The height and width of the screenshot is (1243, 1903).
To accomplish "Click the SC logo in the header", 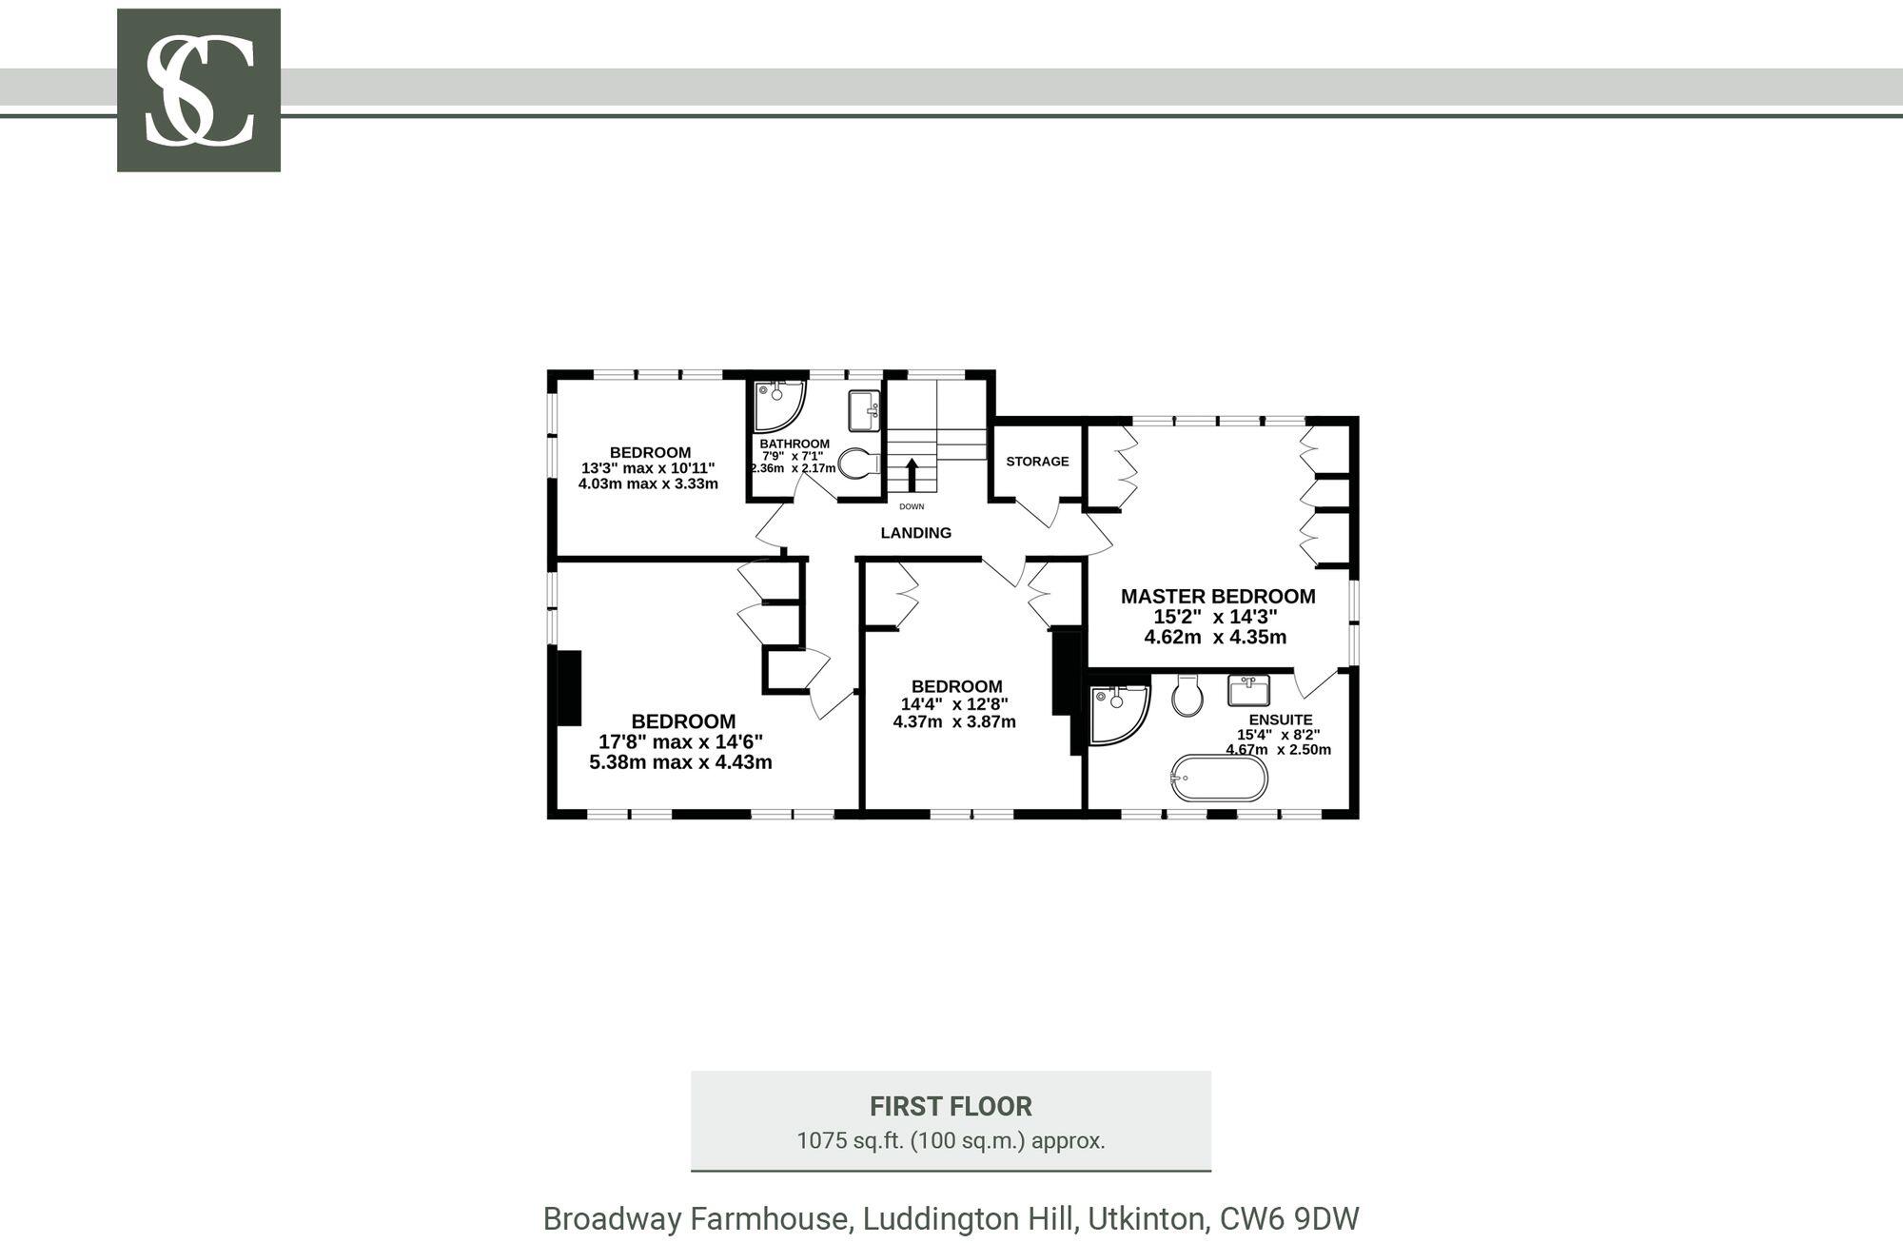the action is click(199, 90).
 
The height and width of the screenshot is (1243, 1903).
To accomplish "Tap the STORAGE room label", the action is click(1037, 462).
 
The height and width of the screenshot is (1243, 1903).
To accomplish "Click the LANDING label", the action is click(915, 533).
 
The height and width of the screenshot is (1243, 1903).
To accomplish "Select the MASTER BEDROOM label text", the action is click(1218, 596).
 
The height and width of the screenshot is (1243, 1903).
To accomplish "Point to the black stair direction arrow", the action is click(912, 474).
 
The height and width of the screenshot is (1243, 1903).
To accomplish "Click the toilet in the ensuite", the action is click(1187, 695).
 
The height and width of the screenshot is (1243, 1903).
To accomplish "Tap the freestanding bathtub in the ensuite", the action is click(1219, 779).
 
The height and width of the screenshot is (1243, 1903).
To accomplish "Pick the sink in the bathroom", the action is click(865, 409).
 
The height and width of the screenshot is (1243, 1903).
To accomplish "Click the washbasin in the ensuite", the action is click(1248, 690).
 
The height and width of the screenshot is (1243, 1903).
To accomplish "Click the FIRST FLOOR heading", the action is click(951, 1107).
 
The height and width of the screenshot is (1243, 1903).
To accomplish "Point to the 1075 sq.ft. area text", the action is click(951, 1140).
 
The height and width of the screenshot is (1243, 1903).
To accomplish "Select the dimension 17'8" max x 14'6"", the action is click(680, 741).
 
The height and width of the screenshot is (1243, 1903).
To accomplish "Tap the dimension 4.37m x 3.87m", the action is click(954, 721).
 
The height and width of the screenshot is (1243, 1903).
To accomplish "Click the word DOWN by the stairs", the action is click(912, 506).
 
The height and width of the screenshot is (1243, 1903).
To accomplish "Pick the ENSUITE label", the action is click(1281, 720).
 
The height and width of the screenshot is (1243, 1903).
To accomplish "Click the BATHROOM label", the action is click(795, 444).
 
